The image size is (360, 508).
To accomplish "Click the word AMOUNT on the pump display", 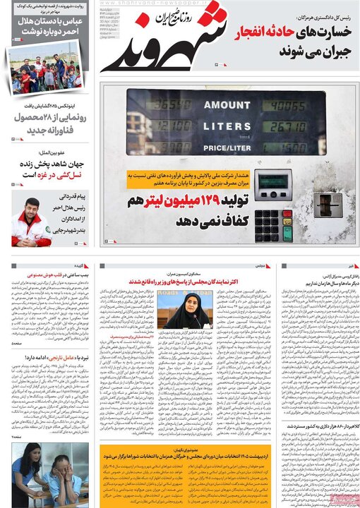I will [227, 105].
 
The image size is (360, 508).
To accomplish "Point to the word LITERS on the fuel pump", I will [227, 126].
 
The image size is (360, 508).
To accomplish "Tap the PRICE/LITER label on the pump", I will [227, 147].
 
